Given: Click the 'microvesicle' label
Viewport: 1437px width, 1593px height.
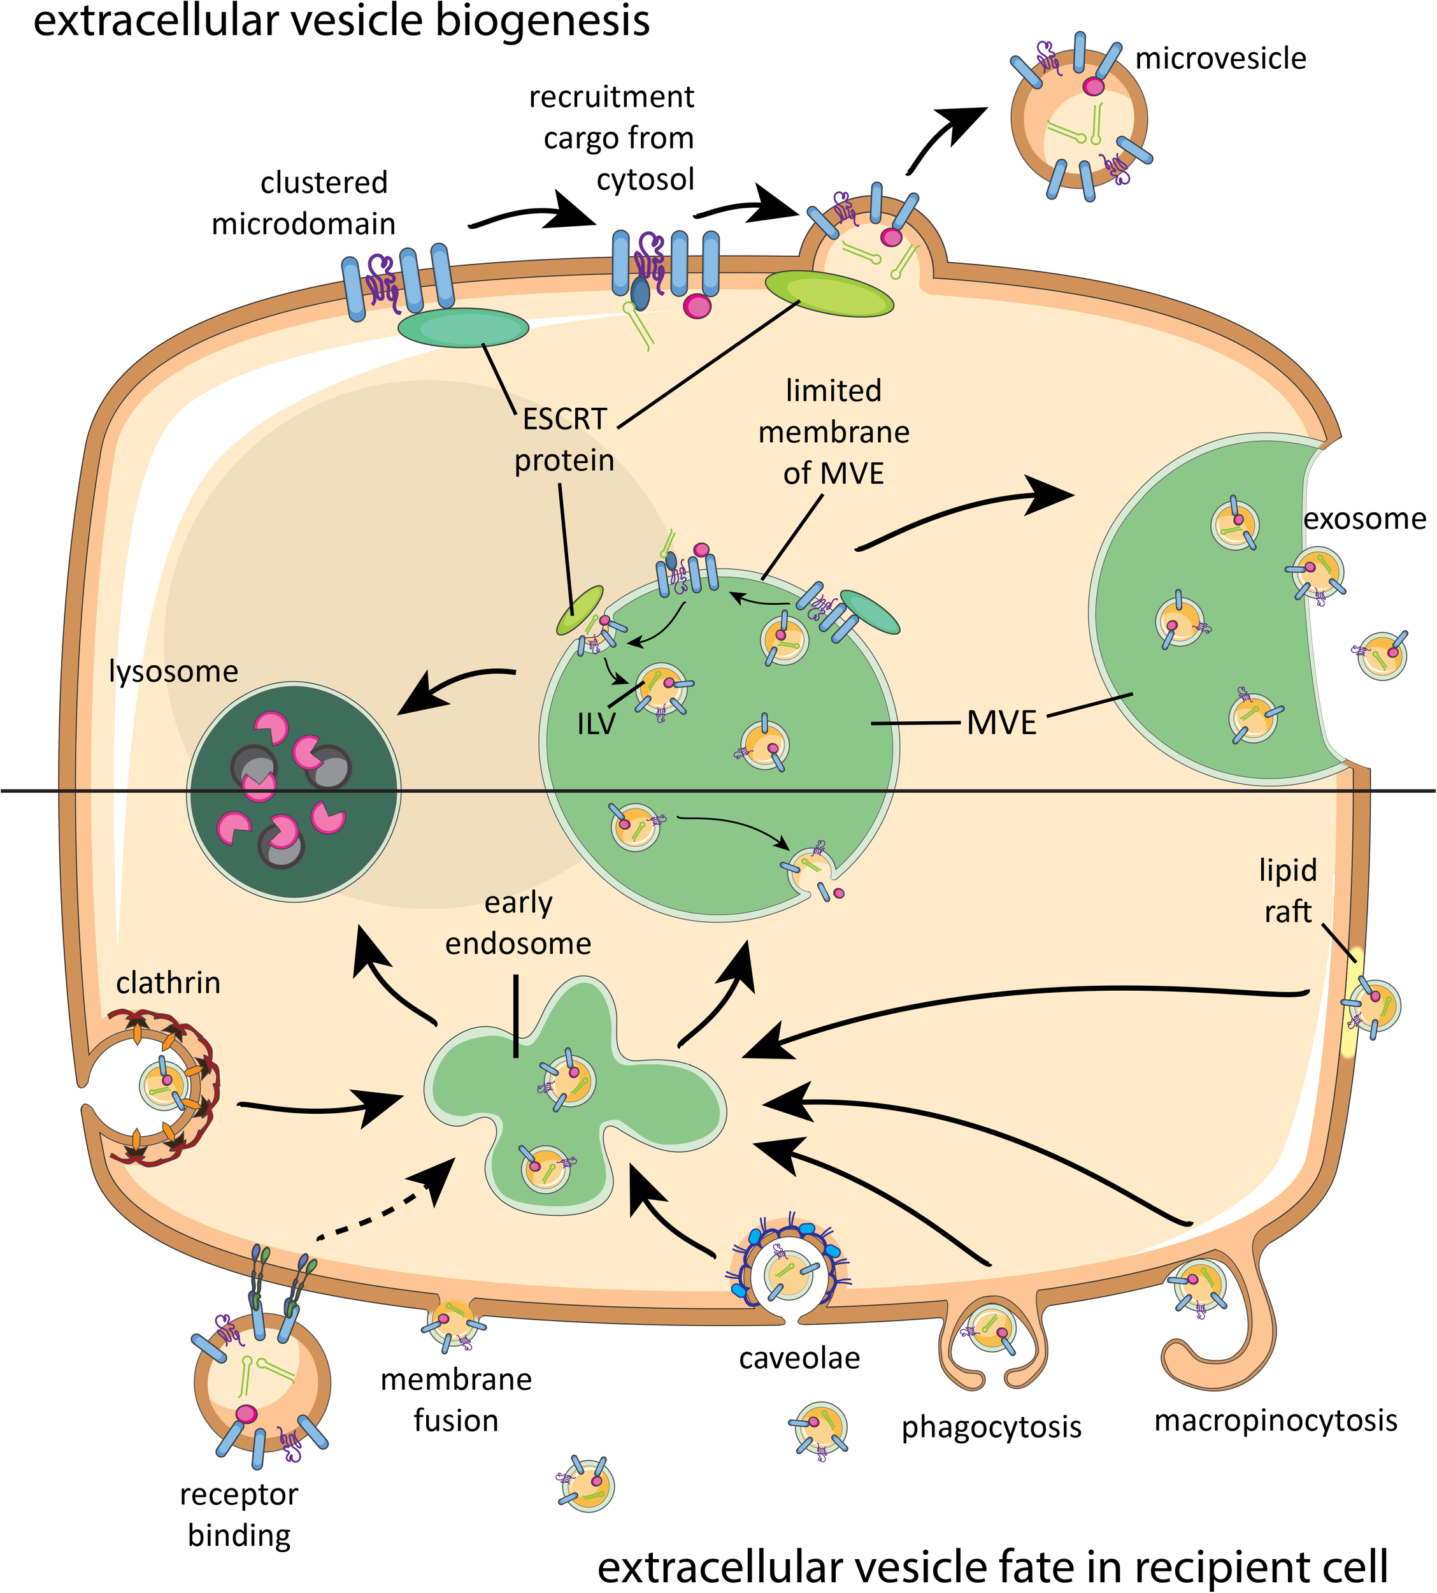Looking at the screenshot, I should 1220,59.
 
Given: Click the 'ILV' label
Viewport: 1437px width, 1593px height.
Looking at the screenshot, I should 596,723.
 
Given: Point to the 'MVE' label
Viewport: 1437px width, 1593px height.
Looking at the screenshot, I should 1001,723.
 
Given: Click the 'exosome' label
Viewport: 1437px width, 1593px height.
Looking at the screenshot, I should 1364,519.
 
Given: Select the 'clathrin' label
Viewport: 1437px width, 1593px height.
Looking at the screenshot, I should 168,983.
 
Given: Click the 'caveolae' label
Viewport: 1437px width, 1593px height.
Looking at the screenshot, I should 799,1358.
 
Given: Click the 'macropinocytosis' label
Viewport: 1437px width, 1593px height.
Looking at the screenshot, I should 1275,1420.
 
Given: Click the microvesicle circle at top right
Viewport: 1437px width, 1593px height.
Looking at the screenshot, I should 1079,120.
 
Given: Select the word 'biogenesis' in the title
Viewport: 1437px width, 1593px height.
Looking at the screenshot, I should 543,21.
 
